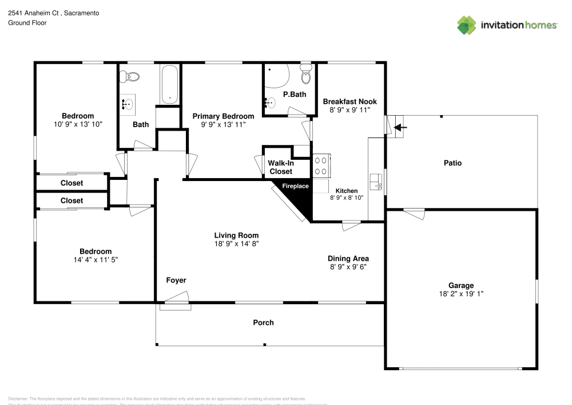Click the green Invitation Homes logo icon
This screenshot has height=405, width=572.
click(x=467, y=25)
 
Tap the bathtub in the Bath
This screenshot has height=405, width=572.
click(x=169, y=85)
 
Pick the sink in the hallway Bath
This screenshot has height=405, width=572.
click(x=128, y=104)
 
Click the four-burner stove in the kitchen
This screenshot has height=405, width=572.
click(x=320, y=166)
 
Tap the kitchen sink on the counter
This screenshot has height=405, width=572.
click(x=376, y=181)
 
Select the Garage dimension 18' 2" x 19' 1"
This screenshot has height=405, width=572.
click(x=460, y=293)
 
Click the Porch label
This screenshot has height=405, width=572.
click(x=263, y=323)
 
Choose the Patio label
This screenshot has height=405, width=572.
click(x=452, y=163)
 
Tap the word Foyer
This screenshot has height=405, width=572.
click(x=176, y=280)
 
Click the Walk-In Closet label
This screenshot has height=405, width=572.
click(x=281, y=167)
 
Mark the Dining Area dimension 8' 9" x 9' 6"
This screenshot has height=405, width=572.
click(x=348, y=267)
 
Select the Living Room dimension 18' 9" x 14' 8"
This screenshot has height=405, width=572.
click(x=236, y=243)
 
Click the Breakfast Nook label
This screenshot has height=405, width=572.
click(x=349, y=101)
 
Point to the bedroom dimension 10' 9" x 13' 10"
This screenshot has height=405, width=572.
click(x=78, y=124)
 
